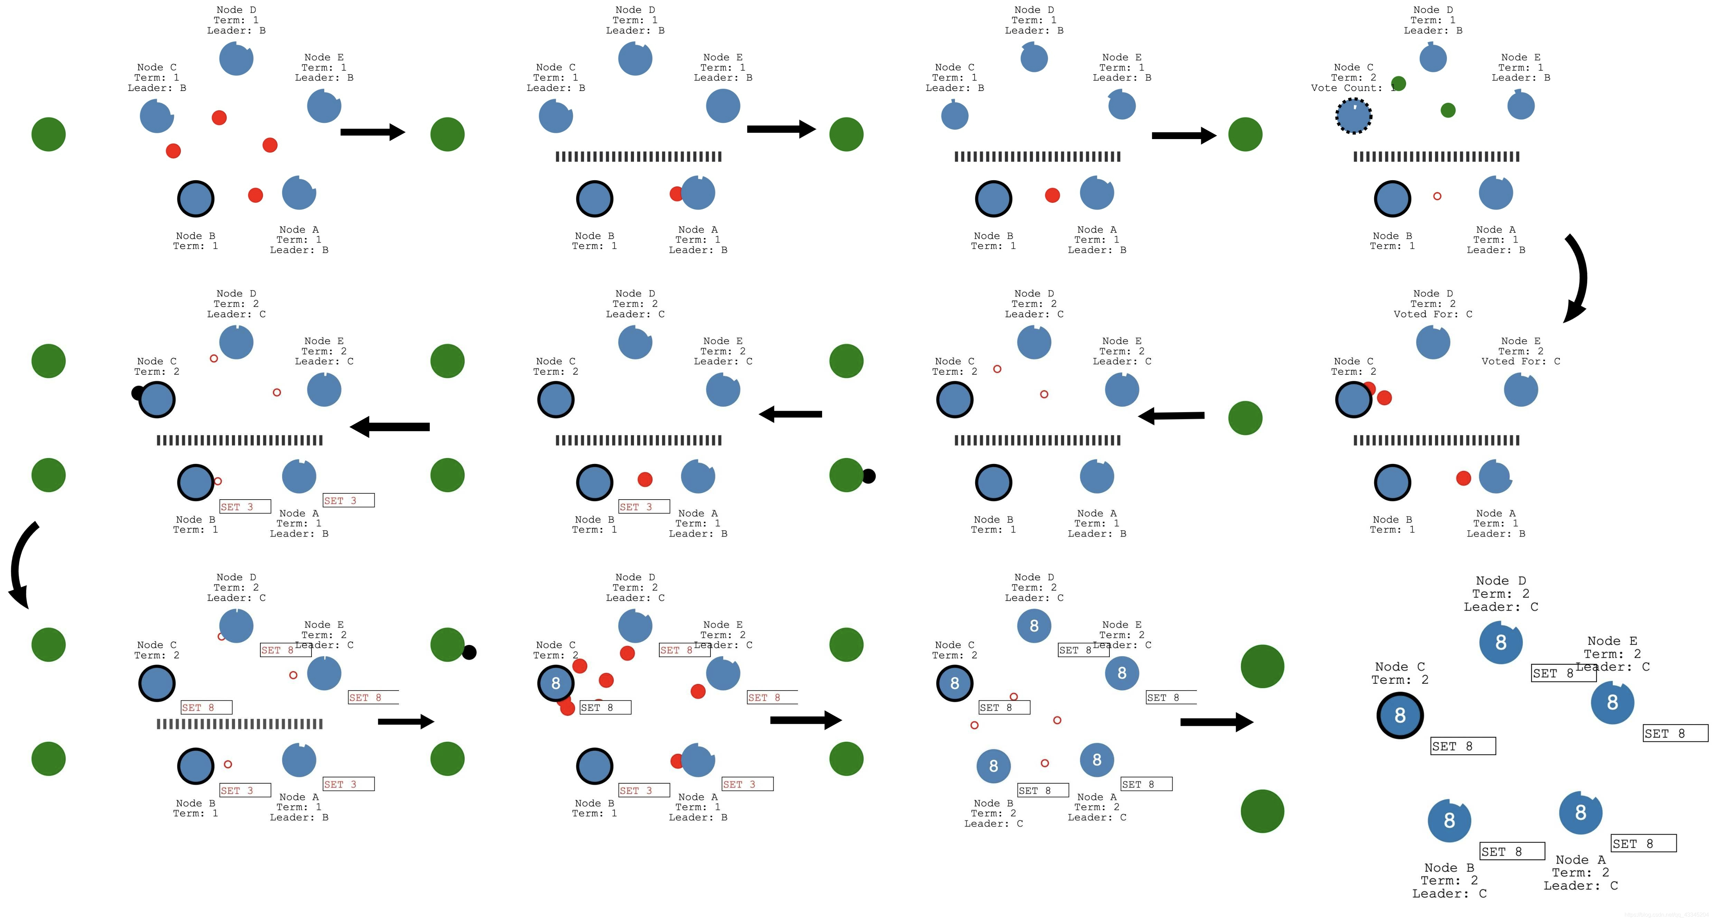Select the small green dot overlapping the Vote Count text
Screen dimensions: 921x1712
pyautogui.click(x=1398, y=83)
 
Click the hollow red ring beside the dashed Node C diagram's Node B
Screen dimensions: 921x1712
pyautogui.click(x=1437, y=196)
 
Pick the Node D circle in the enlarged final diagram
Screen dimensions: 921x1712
pyautogui.click(x=1501, y=642)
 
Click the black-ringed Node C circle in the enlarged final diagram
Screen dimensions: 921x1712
pyautogui.click(x=1399, y=715)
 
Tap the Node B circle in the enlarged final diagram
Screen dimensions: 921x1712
pyautogui.click(x=1450, y=821)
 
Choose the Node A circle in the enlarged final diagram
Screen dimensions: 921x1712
pyautogui.click(x=1580, y=813)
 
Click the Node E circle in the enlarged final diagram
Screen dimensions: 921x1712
pyautogui.click(x=1612, y=702)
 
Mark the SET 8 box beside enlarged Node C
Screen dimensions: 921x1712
pyautogui.click(x=1463, y=746)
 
